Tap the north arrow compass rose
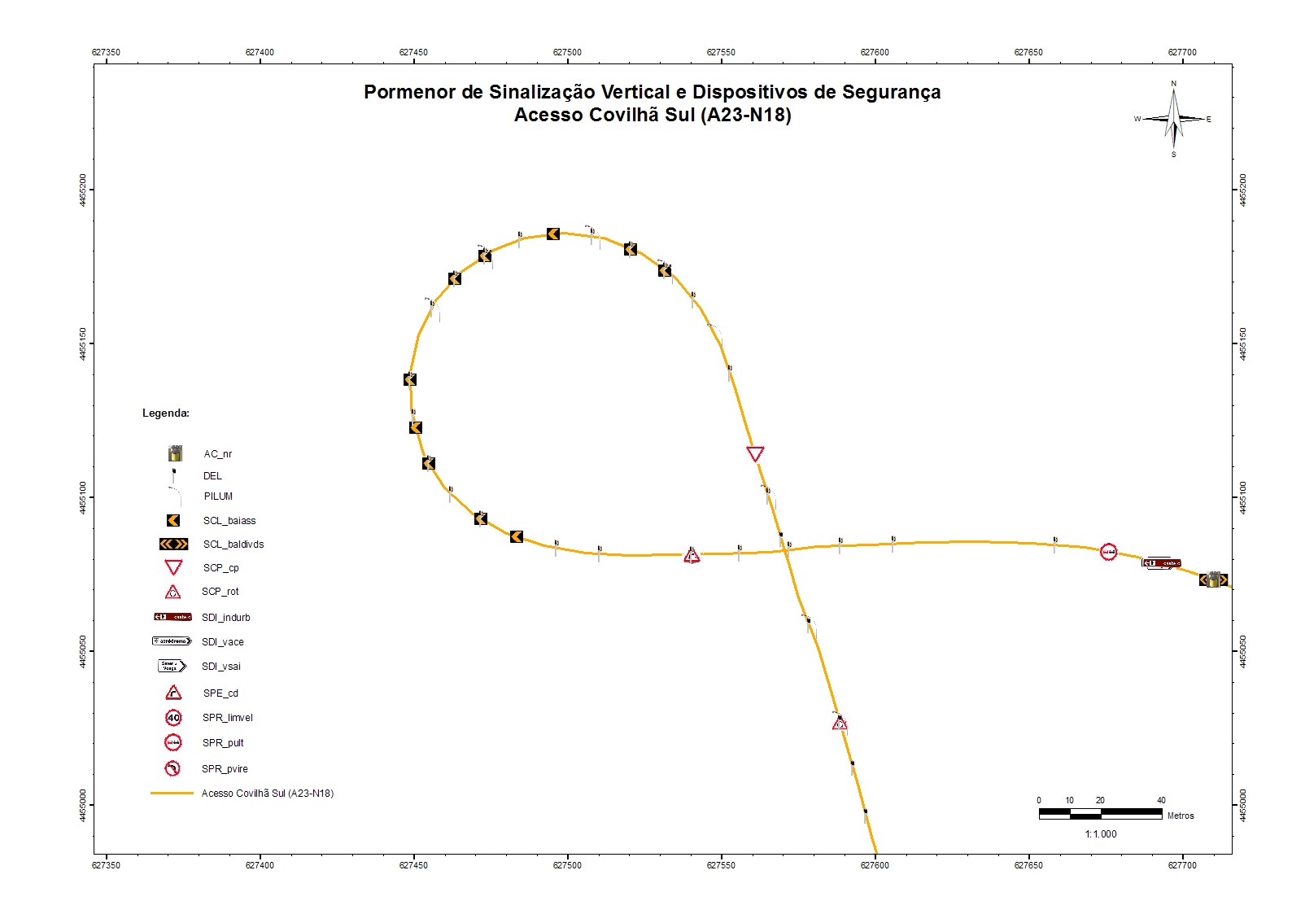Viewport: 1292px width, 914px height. click(x=1173, y=119)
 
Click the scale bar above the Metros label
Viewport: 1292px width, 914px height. click(x=1100, y=812)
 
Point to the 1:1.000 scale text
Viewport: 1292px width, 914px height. click(x=1100, y=834)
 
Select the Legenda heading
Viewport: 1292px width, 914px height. click(x=166, y=413)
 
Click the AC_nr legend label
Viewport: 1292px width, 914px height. click(x=218, y=454)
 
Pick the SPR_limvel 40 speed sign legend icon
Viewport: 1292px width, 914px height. click(x=173, y=718)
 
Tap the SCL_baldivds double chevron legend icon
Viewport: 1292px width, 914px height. click(x=173, y=544)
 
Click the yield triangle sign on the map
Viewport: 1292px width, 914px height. click(x=755, y=453)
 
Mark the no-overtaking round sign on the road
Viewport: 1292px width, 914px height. click(x=1108, y=552)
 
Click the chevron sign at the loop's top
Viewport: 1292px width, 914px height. click(x=553, y=234)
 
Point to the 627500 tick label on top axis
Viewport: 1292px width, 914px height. click(x=567, y=52)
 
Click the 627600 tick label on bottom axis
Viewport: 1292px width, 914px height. click(x=875, y=865)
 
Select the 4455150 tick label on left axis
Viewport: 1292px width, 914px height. click(x=84, y=343)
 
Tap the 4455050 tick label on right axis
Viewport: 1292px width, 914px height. click(x=1242, y=651)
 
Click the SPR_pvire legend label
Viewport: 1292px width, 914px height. click(x=225, y=769)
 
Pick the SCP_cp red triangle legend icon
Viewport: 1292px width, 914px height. click(x=173, y=567)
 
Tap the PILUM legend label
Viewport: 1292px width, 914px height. click(x=218, y=496)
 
